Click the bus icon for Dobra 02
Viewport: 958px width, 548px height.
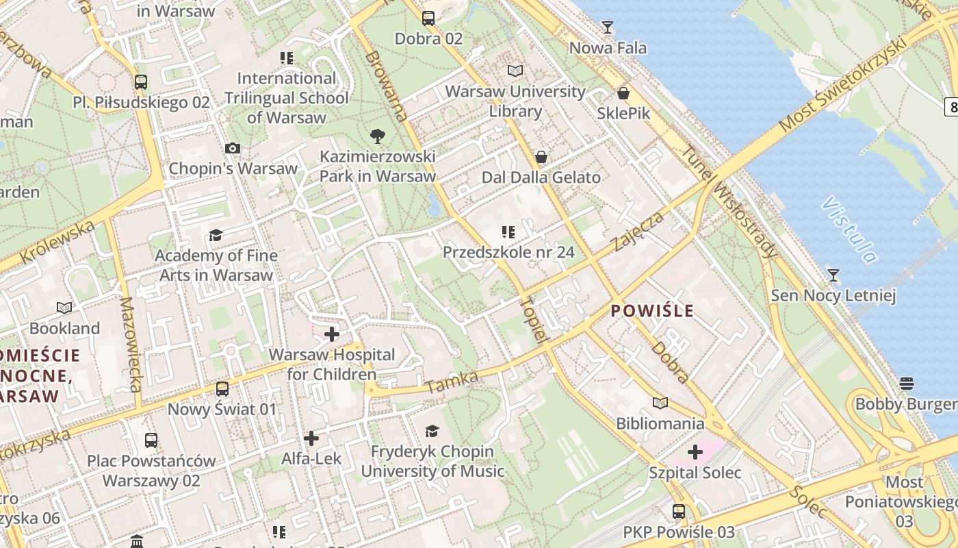[428, 18]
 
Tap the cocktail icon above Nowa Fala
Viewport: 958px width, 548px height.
[607, 27]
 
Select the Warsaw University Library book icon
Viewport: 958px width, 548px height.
[515, 71]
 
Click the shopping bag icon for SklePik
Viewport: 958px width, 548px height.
[623, 93]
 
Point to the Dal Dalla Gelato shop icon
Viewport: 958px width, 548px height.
[541, 157]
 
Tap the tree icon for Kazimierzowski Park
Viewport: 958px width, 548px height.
[377, 136]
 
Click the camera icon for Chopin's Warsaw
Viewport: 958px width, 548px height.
[233, 148]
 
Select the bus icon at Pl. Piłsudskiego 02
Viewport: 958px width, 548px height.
[141, 82]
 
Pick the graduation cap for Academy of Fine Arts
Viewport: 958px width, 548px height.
[216, 235]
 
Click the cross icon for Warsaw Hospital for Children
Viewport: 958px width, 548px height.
[332, 334]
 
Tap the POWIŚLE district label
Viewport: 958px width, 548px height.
[652, 311]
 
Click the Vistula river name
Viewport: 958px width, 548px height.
[849, 230]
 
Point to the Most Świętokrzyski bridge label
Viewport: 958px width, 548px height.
[843, 84]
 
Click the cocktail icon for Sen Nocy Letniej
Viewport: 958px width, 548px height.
[833, 275]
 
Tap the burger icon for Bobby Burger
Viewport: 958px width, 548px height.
[907, 383]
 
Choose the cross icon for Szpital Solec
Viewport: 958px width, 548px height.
[695, 452]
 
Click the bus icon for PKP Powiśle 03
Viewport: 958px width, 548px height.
[679, 511]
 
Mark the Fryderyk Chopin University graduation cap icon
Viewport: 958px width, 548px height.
[432, 431]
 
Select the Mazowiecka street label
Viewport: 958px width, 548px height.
[130, 345]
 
